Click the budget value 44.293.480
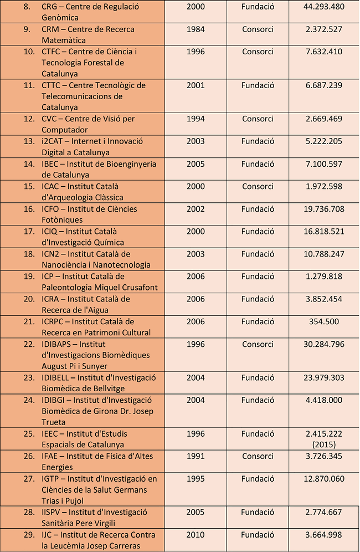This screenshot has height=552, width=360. click(324, 7)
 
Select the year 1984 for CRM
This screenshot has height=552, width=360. click(196, 29)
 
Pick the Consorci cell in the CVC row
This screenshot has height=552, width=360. click(258, 119)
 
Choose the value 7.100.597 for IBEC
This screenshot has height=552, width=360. click(324, 164)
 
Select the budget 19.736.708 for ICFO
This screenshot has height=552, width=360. click(324, 209)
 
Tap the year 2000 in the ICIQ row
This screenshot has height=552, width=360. click(196, 231)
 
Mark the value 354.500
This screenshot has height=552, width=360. click(324, 321)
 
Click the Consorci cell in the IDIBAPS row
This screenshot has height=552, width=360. click(258, 344)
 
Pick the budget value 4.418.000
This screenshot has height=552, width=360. click(324, 400)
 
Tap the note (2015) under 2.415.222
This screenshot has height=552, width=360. click(324, 444)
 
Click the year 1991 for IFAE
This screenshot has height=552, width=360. click(196, 456)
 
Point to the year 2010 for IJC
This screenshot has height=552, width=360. click(196, 535)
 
